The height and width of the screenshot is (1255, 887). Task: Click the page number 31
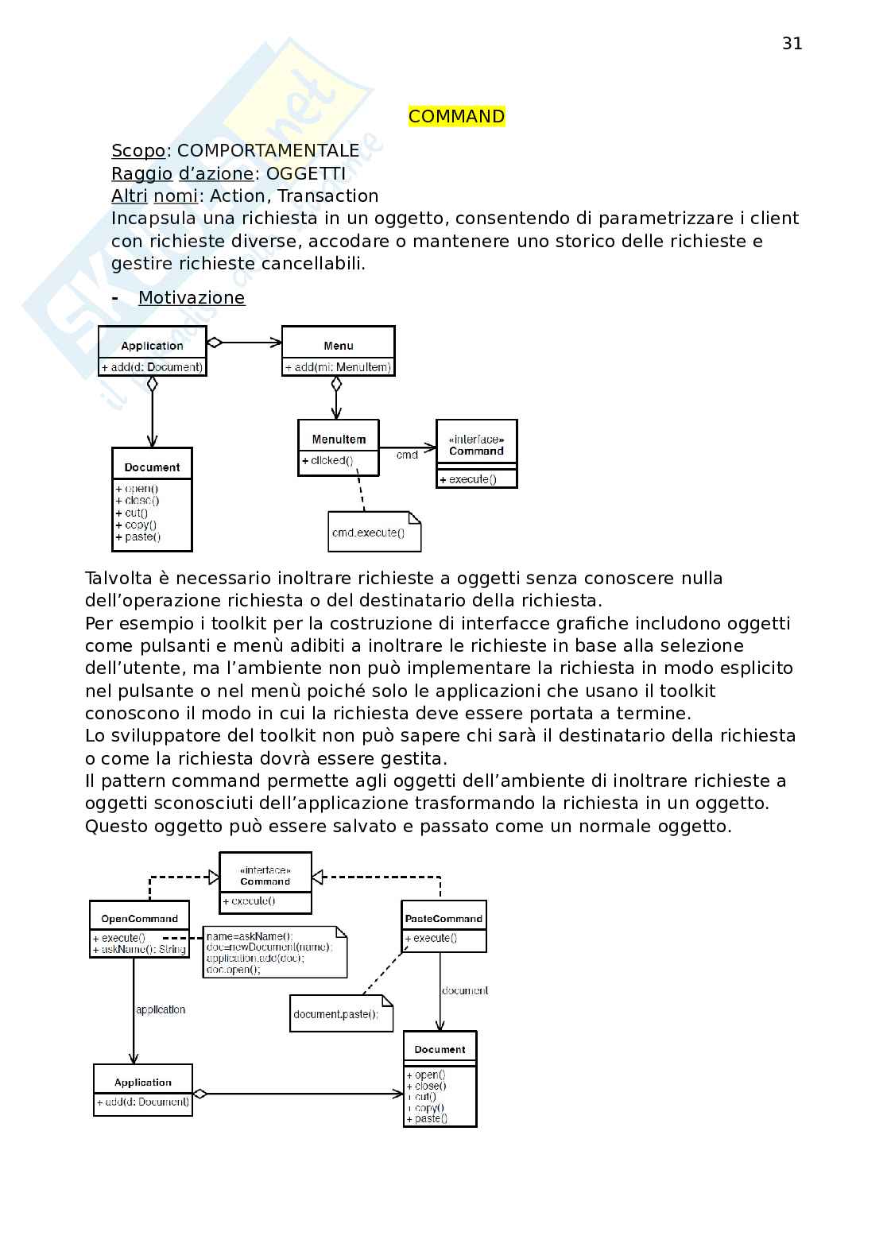tap(792, 44)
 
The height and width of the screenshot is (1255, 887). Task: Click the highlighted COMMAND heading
tap(456, 117)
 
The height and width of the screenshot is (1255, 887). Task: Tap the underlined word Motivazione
tap(192, 298)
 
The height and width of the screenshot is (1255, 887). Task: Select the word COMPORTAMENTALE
tap(268, 151)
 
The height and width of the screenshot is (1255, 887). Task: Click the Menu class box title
tap(339, 346)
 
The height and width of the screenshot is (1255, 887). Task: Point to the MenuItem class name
tap(339, 440)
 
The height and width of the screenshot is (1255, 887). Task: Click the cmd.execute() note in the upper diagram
tap(369, 533)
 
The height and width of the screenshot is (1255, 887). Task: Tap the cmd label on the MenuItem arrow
tap(407, 455)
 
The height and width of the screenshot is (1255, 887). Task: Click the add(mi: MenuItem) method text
tap(339, 367)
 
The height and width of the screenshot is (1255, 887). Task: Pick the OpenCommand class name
tap(139, 919)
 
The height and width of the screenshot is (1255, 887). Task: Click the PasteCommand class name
tap(443, 919)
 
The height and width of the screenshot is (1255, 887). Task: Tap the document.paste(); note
tap(336, 1014)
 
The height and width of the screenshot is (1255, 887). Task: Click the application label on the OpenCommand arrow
tap(161, 1009)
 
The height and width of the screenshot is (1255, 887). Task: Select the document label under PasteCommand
tap(464, 991)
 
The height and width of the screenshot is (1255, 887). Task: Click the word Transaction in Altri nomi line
tap(327, 196)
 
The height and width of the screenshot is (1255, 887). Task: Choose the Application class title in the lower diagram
tap(143, 1083)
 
